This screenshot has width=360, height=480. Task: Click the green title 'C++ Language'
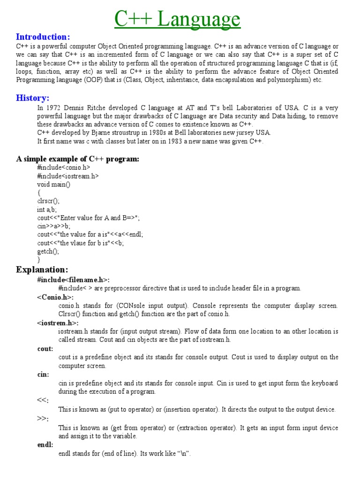click(178, 19)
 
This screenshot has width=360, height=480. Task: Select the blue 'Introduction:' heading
click(43, 37)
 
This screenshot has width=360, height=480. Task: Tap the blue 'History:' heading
click(33, 98)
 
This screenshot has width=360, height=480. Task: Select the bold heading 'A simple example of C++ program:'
click(78, 159)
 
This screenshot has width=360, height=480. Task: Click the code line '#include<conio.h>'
click(64, 167)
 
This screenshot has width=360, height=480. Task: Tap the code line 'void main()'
click(53, 184)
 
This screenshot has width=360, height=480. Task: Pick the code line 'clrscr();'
click(49, 201)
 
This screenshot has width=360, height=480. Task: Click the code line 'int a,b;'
click(47, 210)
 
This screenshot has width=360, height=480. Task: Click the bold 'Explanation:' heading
click(42, 270)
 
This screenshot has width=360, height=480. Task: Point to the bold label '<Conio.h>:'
click(55, 297)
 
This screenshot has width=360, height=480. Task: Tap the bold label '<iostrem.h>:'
click(58, 323)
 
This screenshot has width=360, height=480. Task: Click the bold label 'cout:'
click(45, 349)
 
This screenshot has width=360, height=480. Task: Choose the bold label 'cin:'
click(43, 375)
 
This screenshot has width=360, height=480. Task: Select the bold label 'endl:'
click(45, 444)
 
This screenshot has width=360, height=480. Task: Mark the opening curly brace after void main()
click(39, 193)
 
